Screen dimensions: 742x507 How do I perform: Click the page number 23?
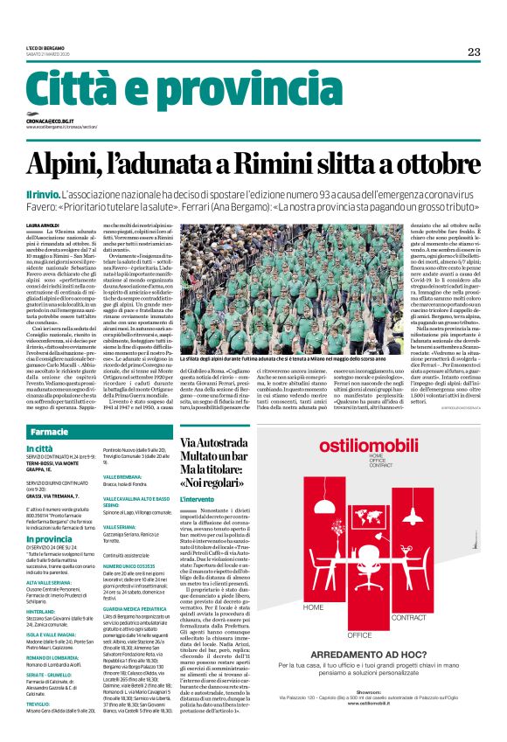pyautogui.click(x=473, y=52)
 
